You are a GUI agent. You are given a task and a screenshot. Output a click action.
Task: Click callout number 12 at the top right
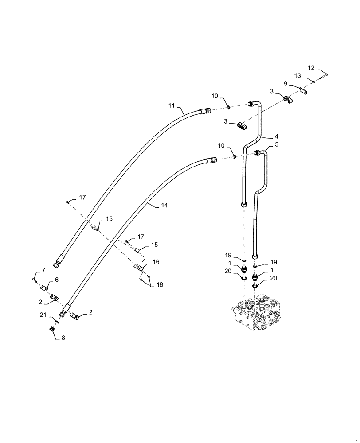click(311, 68)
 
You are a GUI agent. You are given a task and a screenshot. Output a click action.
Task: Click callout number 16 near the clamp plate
click(156, 262)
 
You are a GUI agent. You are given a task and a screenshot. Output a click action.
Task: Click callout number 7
click(43, 270)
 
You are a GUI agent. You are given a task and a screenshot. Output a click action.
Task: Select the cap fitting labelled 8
click(52, 329)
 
